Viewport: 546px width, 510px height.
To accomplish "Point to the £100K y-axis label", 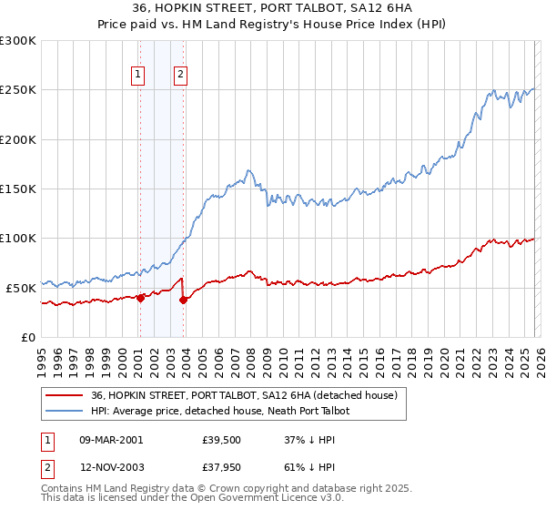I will click(x=18, y=239).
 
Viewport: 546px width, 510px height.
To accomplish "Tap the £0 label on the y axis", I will click(x=29, y=337).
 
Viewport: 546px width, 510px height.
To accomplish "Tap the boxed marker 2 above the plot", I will click(x=181, y=76).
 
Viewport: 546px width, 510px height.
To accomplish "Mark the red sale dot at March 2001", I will click(x=140, y=298).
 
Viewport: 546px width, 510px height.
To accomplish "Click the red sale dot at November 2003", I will click(x=184, y=299).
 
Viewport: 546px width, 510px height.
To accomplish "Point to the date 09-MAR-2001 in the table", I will click(x=111, y=440).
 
